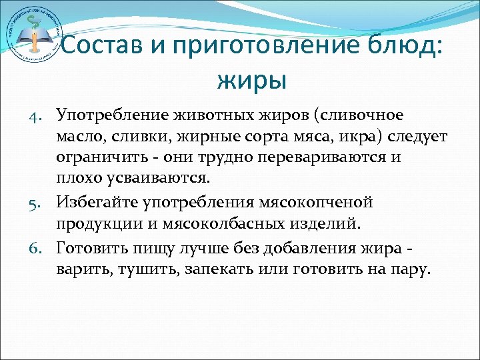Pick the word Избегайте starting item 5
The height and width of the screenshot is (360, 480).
click(97, 201)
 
